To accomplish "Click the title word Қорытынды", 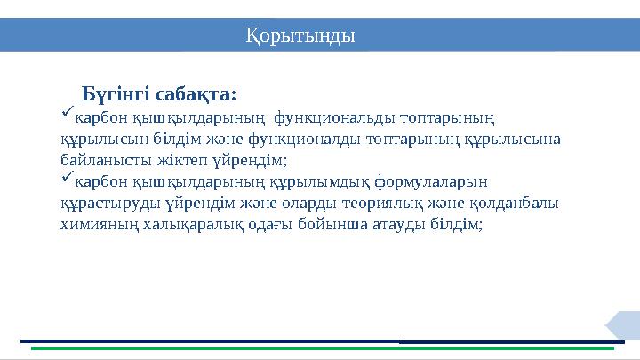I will [x=300, y=36].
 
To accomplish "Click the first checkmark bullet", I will [x=67, y=115].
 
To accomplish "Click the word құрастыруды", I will [x=109, y=204].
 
